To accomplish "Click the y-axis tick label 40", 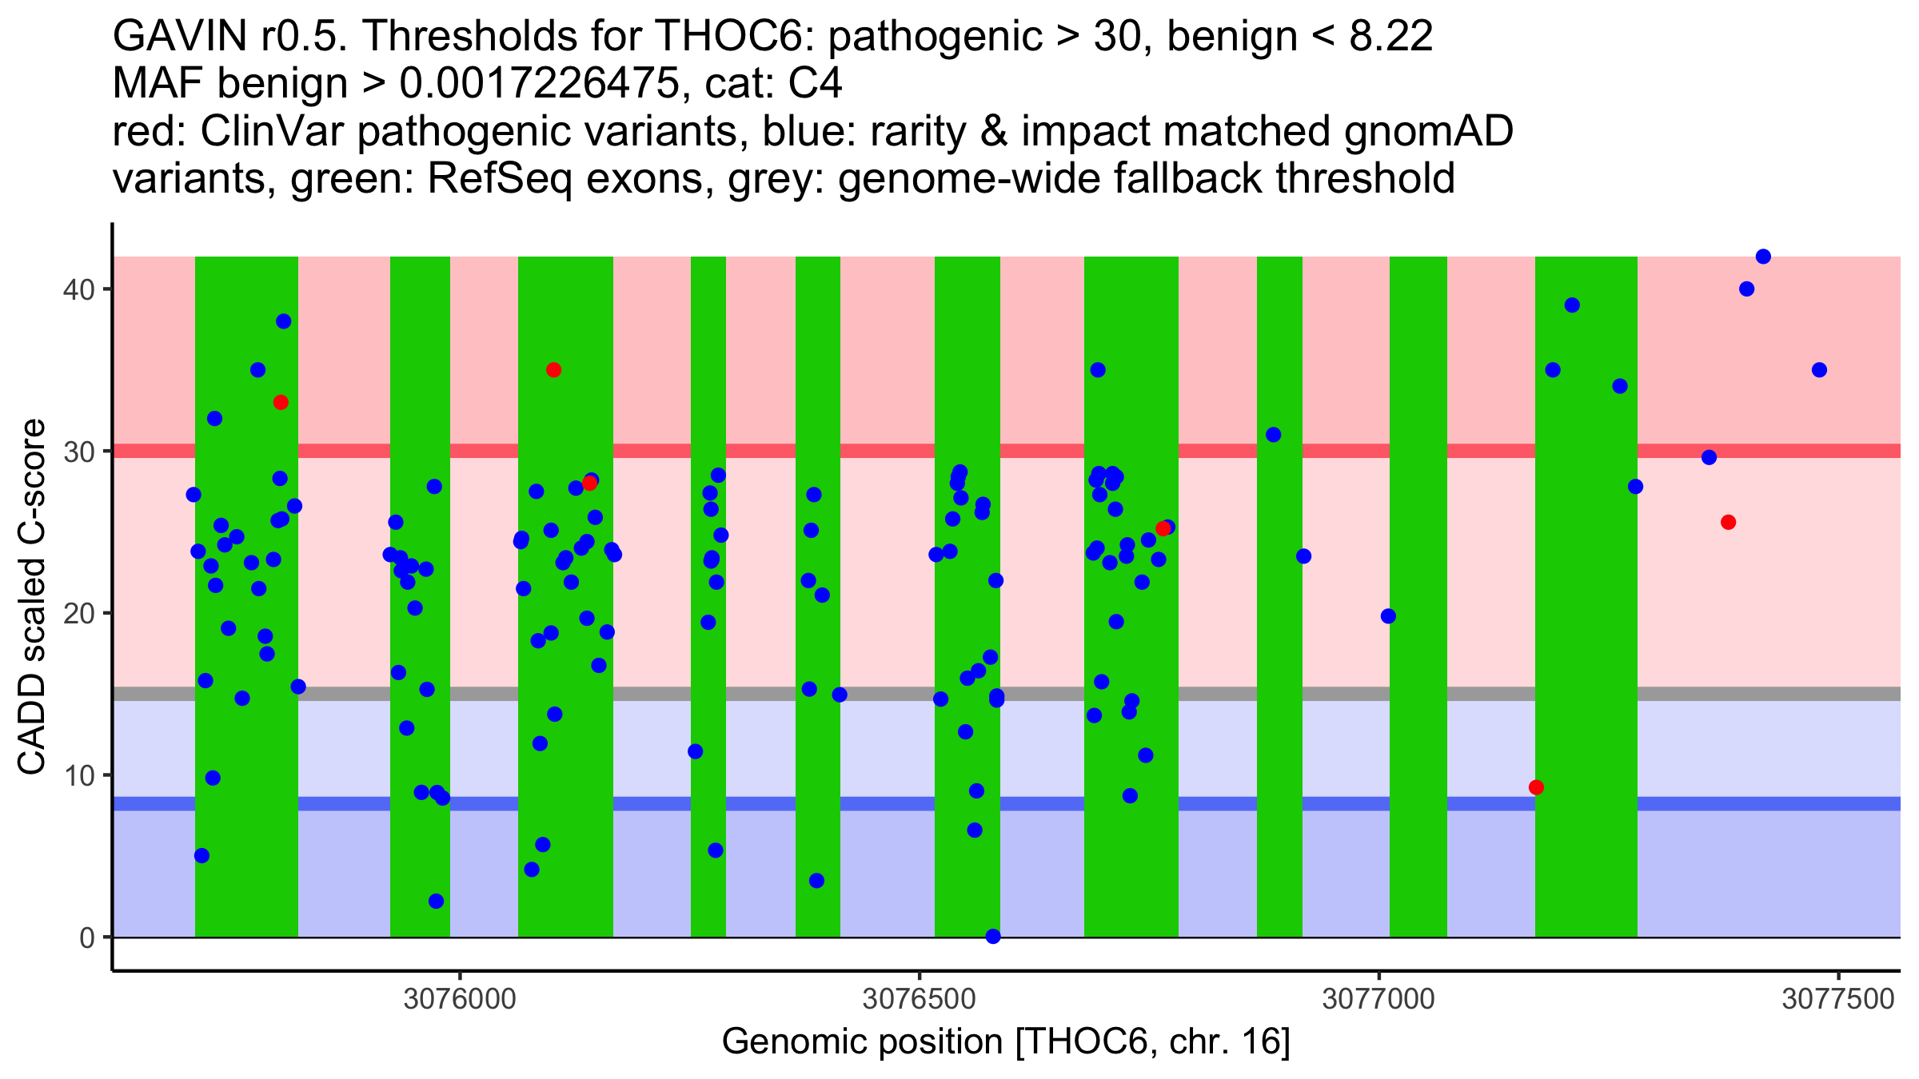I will click(x=78, y=289).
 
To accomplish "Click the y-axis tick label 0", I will click(x=87, y=938).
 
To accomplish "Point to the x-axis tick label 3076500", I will click(x=920, y=1000).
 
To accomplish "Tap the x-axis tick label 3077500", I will click(x=1838, y=1000).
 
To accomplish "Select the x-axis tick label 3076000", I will click(x=460, y=1000).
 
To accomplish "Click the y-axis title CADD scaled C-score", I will click(x=32, y=597).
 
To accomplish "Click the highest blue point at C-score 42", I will click(x=1763, y=257).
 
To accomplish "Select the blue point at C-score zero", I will click(x=993, y=937).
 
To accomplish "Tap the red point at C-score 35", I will click(x=553, y=370).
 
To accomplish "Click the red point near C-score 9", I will click(x=1536, y=787).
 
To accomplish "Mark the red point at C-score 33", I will click(x=281, y=402).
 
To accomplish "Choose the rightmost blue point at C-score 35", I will click(x=1819, y=370).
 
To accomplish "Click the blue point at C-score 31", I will click(x=1274, y=435).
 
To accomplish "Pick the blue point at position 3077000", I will click(x=1388, y=616).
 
